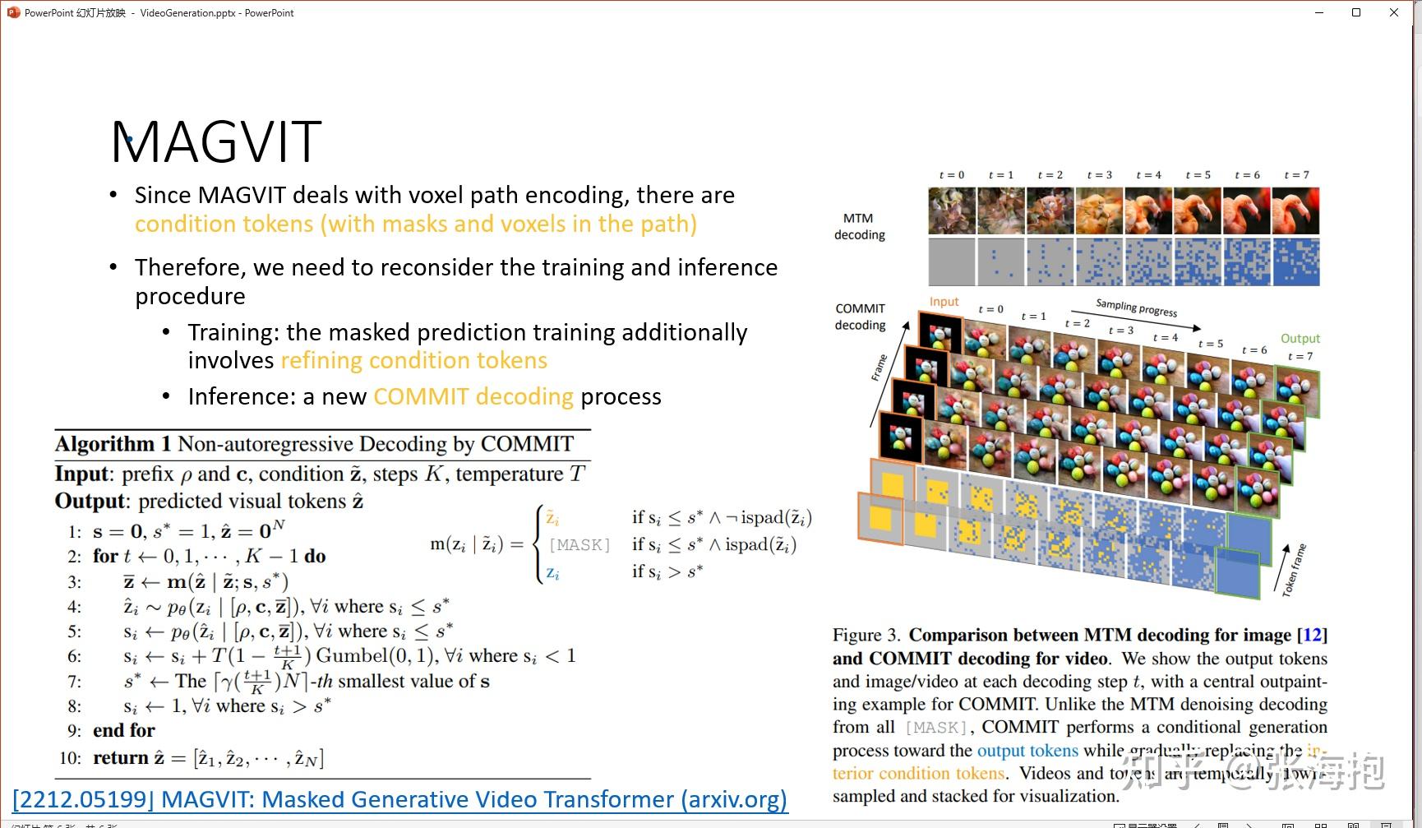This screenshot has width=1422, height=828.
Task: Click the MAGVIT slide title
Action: point(216,141)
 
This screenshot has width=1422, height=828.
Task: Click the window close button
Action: point(1393,12)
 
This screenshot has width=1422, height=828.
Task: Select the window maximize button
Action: point(1356,12)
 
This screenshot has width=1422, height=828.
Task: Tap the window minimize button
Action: point(1320,12)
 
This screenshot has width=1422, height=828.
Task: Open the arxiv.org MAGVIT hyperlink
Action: point(400,799)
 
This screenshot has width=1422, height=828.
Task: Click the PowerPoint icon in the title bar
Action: point(13,12)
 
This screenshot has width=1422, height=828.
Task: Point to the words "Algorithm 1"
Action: point(113,444)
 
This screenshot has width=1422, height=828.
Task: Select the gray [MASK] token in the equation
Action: point(579,544)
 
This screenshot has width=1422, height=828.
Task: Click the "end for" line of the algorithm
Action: point(123,730)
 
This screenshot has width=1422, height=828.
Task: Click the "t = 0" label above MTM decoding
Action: point(952,175)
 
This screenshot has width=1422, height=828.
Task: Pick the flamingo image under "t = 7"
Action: point(1295,210)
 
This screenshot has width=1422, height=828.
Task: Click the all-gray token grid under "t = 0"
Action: point(952,262)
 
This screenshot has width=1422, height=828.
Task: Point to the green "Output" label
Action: point(1300,339)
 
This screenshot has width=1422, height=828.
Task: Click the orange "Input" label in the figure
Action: point(944,302)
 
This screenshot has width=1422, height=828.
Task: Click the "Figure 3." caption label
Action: point(866,635)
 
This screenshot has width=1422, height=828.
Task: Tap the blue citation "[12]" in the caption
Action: point(1313,635)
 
